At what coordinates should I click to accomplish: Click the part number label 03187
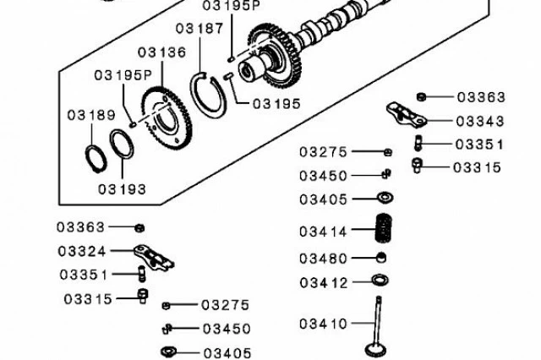coord(199,28)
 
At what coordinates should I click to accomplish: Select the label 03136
coord(161,52)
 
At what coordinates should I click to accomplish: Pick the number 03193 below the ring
coord(122,189)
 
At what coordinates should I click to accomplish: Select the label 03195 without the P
coord(276,103)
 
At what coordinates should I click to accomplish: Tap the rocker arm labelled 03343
coord(407,113)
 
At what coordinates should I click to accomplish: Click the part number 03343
coord(480,122)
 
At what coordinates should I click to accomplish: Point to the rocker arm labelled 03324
coord(154,257)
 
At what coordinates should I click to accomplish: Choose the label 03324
coord(82,251)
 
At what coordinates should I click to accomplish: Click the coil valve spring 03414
coord(384,228)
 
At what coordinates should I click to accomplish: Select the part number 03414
coord(323,232)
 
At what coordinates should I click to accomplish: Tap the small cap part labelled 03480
coord(381,257)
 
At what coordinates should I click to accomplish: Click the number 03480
coord(323,259)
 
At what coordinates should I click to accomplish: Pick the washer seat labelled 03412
coord(380,280)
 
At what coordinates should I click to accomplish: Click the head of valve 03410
coord(375,350)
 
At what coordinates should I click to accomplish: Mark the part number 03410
coord(323,324)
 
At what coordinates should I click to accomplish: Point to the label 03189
coord(91,115)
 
